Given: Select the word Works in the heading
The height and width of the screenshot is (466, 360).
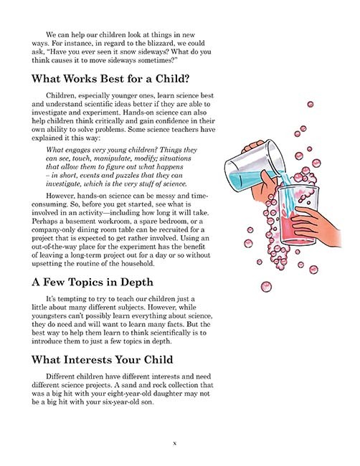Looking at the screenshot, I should tap(90, 78).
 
